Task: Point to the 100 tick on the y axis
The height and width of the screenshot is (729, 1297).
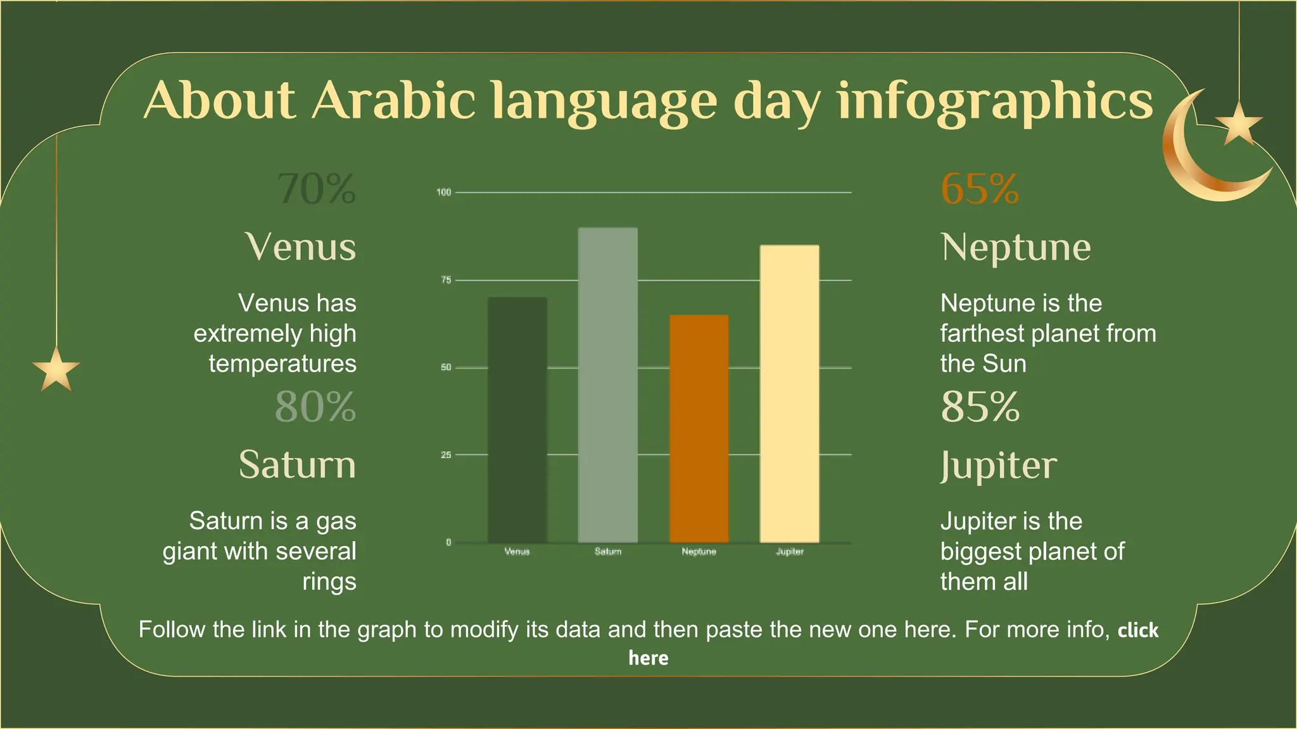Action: (443, 192)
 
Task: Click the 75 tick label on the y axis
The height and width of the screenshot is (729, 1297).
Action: (446, 280)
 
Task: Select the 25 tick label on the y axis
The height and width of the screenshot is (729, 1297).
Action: (446, 455)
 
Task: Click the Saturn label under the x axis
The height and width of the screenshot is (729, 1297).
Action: (607, 552)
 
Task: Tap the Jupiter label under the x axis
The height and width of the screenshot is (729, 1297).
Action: (790, 552)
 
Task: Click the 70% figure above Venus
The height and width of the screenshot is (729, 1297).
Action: (317, 189)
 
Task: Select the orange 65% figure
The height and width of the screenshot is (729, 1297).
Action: (980, 189)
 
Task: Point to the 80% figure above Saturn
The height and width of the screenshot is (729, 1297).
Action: (315, 406)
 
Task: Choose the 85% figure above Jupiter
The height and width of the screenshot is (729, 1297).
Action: (980, 406)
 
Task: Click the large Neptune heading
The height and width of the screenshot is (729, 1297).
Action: (1016, 247)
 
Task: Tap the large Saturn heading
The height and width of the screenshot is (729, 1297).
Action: (297, 464)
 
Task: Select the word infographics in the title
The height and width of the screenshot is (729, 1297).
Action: (995, 101)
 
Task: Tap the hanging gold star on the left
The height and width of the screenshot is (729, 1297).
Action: (56, 370)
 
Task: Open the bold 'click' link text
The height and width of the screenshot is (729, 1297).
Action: (1137, 630)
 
